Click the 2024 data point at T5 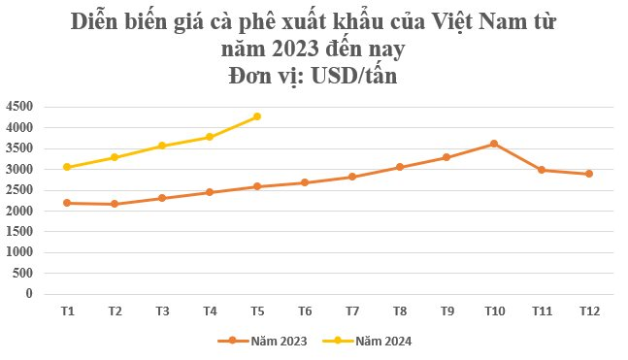click(257, 116)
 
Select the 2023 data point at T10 click(494, 144)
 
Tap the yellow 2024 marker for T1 click(67, 167)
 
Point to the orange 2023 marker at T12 click(589, 174)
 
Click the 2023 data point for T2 click(115, 204)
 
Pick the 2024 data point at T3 click(162, 146)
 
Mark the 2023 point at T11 click(542, 170)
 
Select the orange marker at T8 click(399, 167)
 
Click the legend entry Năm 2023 click(267, 341)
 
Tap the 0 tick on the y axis click(29, 293)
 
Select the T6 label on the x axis click(304, 311)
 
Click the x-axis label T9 click(446, 311)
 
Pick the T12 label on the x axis click(589, 311)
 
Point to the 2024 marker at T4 click(210, 137)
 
